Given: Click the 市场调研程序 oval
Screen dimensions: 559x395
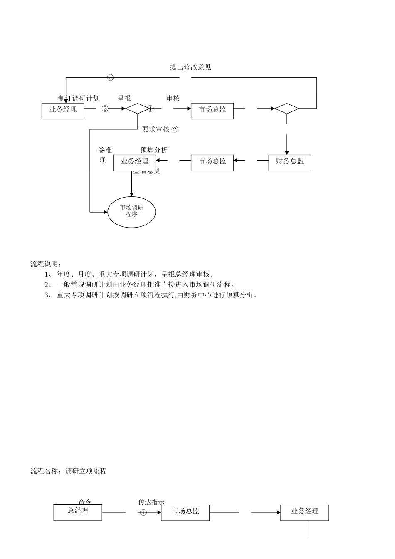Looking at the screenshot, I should (131, 212).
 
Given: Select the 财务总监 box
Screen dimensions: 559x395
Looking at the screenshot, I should (289, 162).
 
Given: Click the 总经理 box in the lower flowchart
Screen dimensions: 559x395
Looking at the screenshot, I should (78, 512).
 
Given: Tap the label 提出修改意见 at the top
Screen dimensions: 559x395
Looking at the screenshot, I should (190, 67).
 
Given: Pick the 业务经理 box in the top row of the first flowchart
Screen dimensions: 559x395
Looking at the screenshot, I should (63, 111).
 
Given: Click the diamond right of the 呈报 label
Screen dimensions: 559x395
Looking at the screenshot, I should (138, 109).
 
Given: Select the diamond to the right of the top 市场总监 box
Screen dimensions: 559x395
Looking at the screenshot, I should (287, 109).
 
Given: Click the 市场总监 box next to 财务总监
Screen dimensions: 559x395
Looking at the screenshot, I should (212, 162).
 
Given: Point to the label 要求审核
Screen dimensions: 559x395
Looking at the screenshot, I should (156, 129).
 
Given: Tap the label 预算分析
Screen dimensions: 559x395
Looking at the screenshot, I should (154, 150).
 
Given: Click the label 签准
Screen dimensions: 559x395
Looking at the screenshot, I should (105, 150).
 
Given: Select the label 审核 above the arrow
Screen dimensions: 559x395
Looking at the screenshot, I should (173, 99).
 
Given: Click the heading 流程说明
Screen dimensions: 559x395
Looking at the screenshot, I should (46, 264).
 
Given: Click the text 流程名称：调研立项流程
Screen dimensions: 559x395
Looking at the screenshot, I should (69, 471).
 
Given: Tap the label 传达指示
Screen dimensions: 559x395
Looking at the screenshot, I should (151, 502).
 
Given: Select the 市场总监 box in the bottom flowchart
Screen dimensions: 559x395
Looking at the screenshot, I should (185, 512).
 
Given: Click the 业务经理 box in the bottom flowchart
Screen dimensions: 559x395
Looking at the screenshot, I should (304, 512).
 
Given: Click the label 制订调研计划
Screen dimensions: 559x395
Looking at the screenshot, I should (79, 99).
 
